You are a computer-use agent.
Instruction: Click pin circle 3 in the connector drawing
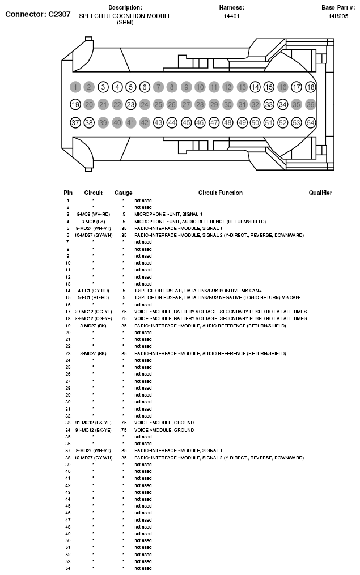coord(103,87)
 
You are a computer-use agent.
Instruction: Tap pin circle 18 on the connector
coord(310,87)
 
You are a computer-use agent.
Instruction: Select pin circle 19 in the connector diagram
coord(75,105)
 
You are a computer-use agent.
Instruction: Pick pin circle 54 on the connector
coord(310,122)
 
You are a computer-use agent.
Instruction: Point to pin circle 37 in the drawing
coord(75,122)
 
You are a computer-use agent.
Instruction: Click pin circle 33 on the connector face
coord(269,105)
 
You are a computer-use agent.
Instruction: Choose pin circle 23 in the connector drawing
coord(130,105)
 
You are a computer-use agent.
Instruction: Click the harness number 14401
coord(231,16)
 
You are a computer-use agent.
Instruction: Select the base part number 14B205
coord(338,16)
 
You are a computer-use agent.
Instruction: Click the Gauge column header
coord(123,193)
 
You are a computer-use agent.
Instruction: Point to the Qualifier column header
coord(320,193)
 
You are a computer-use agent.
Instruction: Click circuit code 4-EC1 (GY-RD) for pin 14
coord(93,291)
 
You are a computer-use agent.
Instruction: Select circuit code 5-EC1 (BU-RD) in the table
coord(93,297)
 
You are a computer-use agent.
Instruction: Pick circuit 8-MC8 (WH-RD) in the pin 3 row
coord(93,214)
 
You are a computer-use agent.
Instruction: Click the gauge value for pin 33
coord(123,423)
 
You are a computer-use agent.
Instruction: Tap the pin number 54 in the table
coord(68,568)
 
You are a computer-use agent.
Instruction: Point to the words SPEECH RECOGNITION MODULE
coord(125,16)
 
